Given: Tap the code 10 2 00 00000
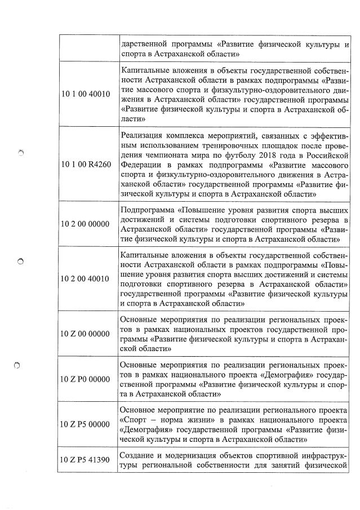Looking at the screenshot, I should (86, 224).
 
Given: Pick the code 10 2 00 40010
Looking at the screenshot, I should (86, 278).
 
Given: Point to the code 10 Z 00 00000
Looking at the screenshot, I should (86, 334).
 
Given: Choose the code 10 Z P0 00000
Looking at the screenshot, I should (86, 379).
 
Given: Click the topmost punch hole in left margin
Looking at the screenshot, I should (21, 152).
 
